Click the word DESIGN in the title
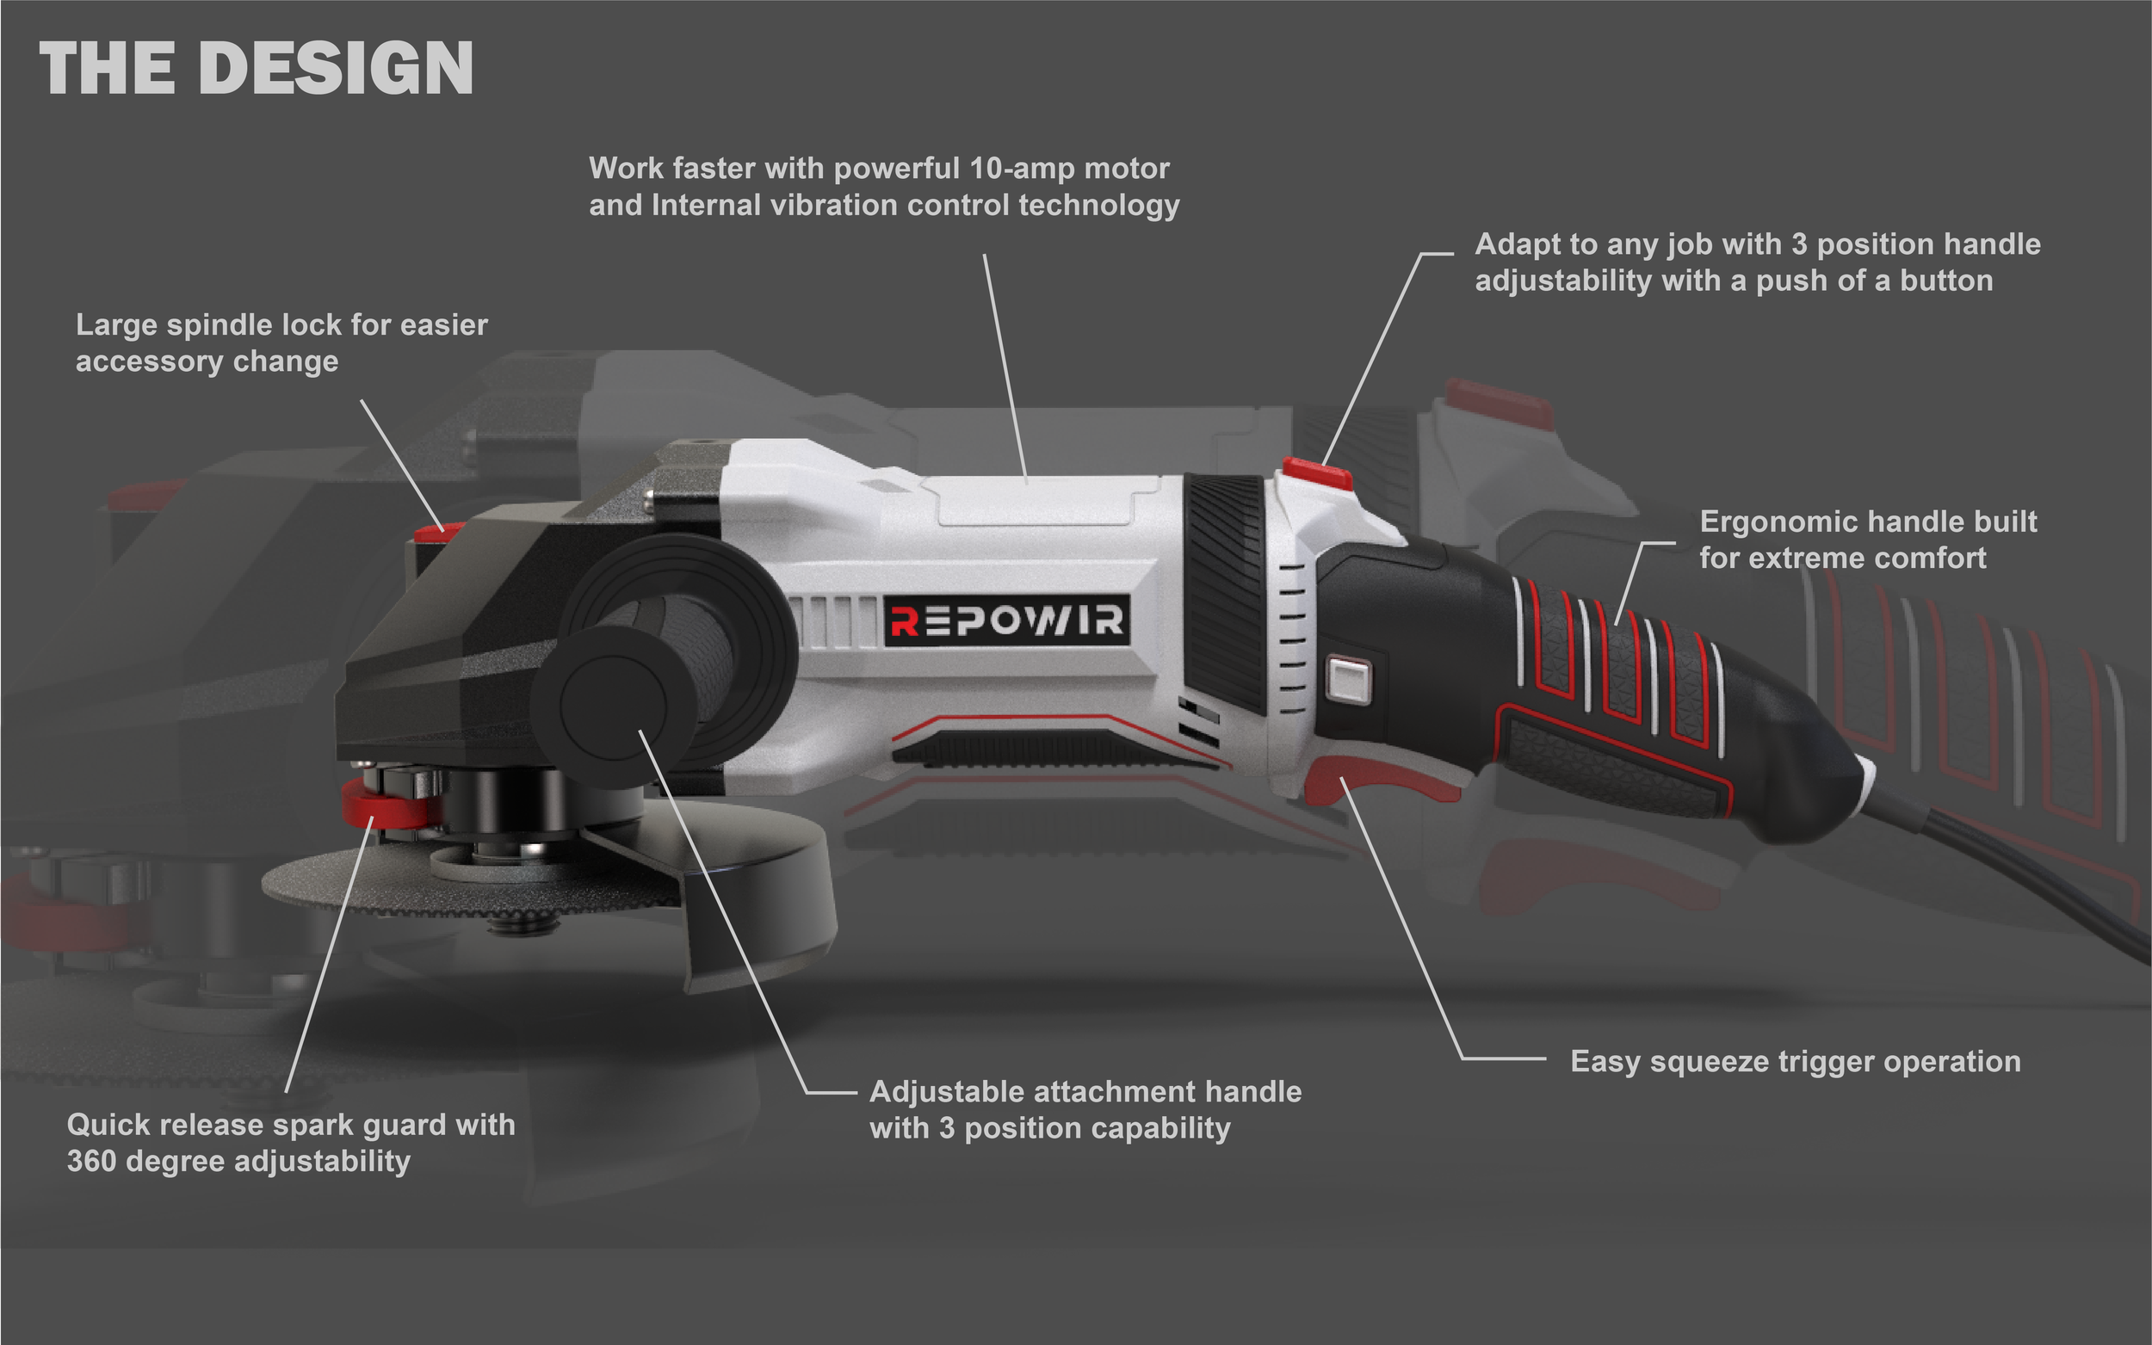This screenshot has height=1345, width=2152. [x=342, y=69]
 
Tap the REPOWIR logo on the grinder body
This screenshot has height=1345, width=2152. [x=1007, y=620]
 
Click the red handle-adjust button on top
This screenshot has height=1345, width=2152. [x=1317, y=472]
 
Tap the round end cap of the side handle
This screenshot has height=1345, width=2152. [x=612, y=707]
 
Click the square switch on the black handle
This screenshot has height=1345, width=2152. [x=1349, y=681]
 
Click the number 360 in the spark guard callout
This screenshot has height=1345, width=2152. [x=90, y=1162]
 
